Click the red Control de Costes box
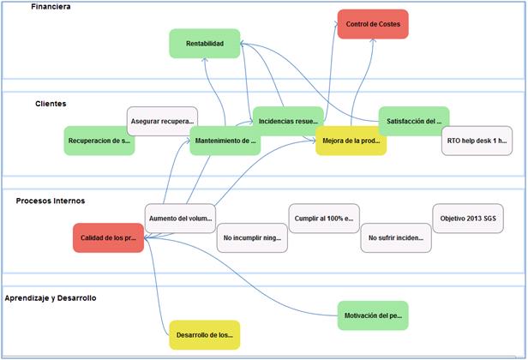[x=373, y=24]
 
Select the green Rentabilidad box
[x=204, y=44]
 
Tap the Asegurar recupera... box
[x=162, y=121]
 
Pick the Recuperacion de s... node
[x=99, y=141]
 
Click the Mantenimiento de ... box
[x=225, y=141]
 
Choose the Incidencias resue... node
[x=288, y=122]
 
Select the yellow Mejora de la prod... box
[x=351, y=141]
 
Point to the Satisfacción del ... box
[x=414, y=122]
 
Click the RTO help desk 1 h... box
[x=477, y=141]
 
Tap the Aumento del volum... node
[x=180, y=218]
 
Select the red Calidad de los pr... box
[x=108, y=237]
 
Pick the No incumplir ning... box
[x=252, y=237]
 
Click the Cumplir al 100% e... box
[x=323, y=218]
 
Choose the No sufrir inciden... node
[x=396, y=237]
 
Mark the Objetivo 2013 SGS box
[x=468, y=218]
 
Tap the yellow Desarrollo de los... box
[x=204, y=334]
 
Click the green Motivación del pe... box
[x=373, y=315]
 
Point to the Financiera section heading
[x=51, y=7]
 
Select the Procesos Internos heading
[x=50, y=201]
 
